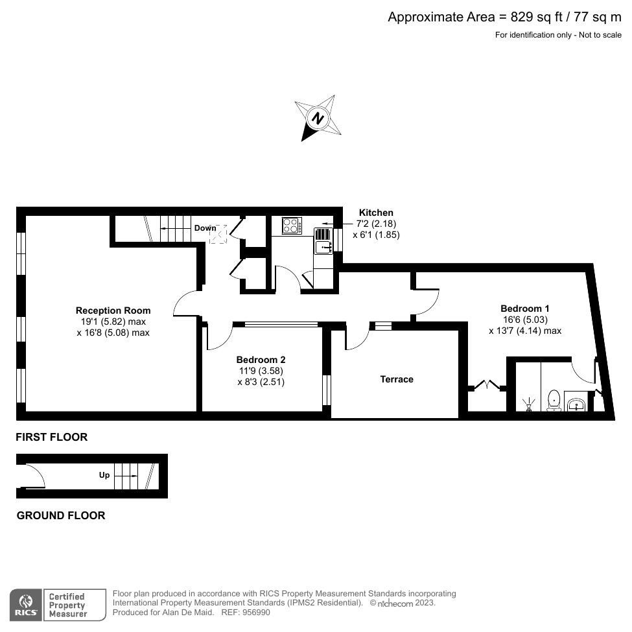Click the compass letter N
318,119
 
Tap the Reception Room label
113,310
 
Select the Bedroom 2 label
261,360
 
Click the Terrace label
397,379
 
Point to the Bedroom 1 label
524,309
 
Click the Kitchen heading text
376,213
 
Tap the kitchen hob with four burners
292,226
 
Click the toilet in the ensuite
554,400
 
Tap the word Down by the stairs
205,228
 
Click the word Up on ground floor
104,475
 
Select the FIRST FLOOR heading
52,438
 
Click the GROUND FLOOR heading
60,516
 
